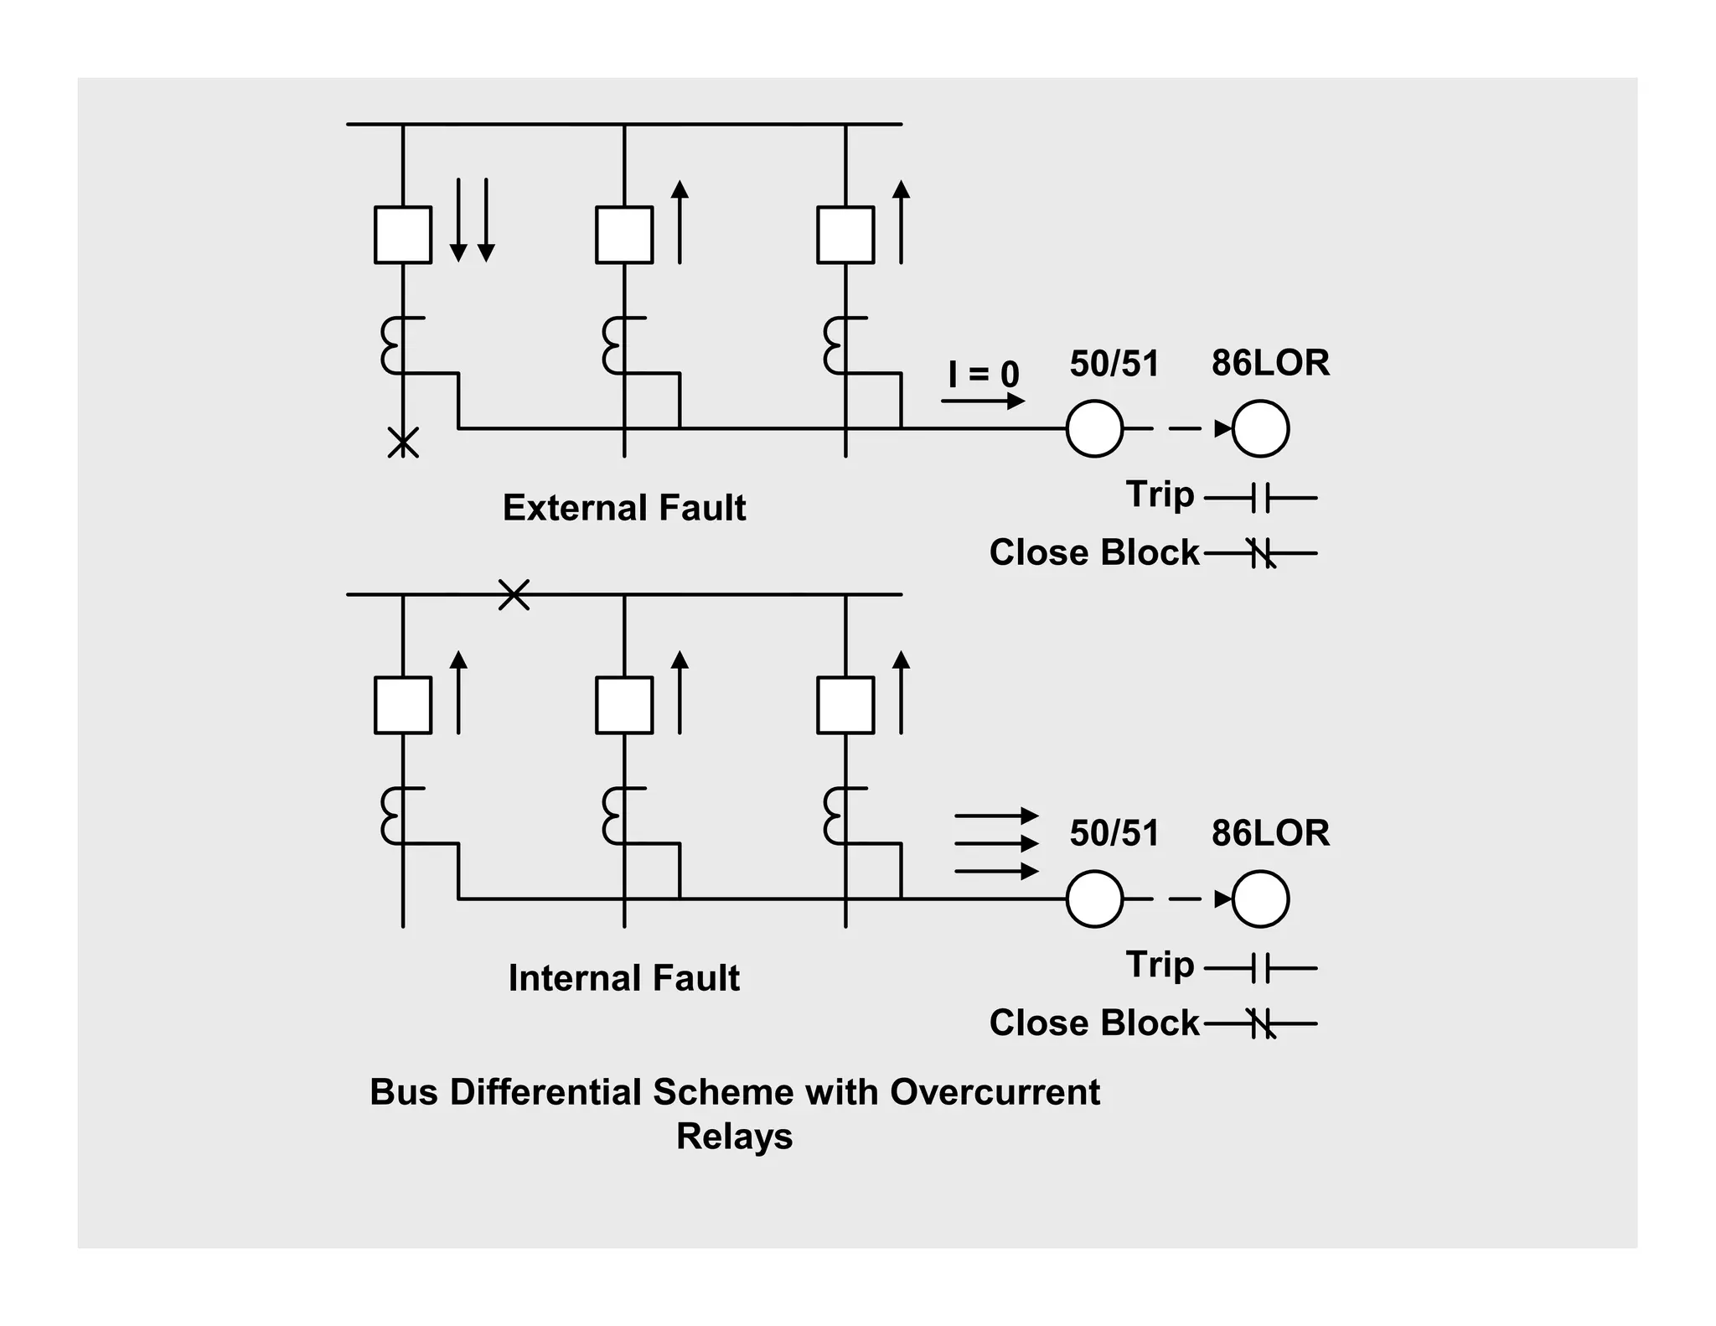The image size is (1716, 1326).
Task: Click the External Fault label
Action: (x=623, y=508)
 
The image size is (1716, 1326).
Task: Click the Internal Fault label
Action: (x=623, y=978)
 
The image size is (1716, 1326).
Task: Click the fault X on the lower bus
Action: (x=514, y=594)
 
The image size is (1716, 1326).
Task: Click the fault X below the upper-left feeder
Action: (x=403, y=442)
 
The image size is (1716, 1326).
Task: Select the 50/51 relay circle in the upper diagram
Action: (x=1094, y=428)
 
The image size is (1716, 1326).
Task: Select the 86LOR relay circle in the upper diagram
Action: (x=1260, y=428)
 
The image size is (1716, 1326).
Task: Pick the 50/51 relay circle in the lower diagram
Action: (x=1094, y=899)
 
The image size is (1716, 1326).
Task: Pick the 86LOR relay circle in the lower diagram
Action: (x=1260, y=899)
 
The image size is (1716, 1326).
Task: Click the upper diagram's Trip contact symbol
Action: (x=1261, y=498)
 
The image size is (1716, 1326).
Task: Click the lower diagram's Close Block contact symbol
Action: (x=1261, y=1023)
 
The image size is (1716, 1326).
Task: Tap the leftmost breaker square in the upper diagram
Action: (x=403, y=235)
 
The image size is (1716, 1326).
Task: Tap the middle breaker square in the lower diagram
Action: (x=624, y=705)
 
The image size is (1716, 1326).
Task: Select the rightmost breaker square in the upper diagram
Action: (x=845, y=235)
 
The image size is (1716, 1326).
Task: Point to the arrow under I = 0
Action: (x=982, y=401)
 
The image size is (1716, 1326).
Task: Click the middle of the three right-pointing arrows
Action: (x=996, y=843)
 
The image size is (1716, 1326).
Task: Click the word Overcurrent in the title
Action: (x=995, y=1092)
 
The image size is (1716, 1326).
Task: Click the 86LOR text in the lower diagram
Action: (x=1270, y=833)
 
